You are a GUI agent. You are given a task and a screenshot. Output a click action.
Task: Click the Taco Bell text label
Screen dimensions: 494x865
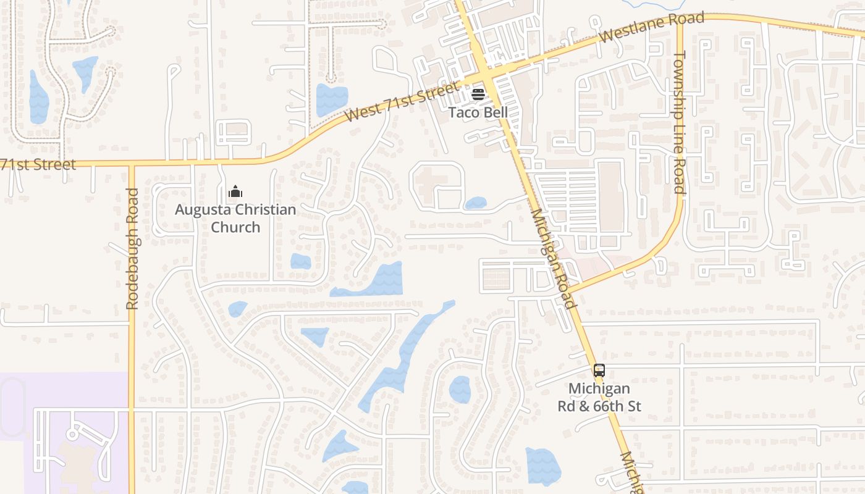[x=478, y=112]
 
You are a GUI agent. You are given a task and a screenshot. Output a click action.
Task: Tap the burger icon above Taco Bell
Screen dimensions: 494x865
[x=478, y=94]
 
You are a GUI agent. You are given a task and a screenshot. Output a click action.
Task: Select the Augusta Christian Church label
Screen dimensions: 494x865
[x=235, y=218]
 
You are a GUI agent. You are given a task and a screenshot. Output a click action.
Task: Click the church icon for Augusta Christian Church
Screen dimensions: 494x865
[x=235, y=192]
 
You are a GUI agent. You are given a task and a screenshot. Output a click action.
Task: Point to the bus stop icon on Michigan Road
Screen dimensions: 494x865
[x=599, y=371]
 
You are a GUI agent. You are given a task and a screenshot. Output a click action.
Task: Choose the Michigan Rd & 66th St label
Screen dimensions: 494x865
[x=599, y=397]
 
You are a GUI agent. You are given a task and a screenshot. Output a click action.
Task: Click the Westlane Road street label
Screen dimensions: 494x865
[x=652, y=28]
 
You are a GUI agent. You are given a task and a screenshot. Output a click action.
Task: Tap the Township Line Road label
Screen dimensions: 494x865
[x=680, y=122]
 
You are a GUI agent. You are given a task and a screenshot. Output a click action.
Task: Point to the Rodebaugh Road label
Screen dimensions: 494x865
[x=132, y=249]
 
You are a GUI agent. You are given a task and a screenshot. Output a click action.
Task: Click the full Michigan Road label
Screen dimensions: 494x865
[x=553, y=258]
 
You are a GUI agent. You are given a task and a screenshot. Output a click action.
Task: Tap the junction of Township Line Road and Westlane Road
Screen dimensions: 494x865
[x=680, y=19]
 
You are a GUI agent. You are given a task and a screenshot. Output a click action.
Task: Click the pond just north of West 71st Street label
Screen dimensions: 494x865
[x=332, y=99]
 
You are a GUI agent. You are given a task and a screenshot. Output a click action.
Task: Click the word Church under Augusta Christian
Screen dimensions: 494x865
[x=235, y=227]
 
